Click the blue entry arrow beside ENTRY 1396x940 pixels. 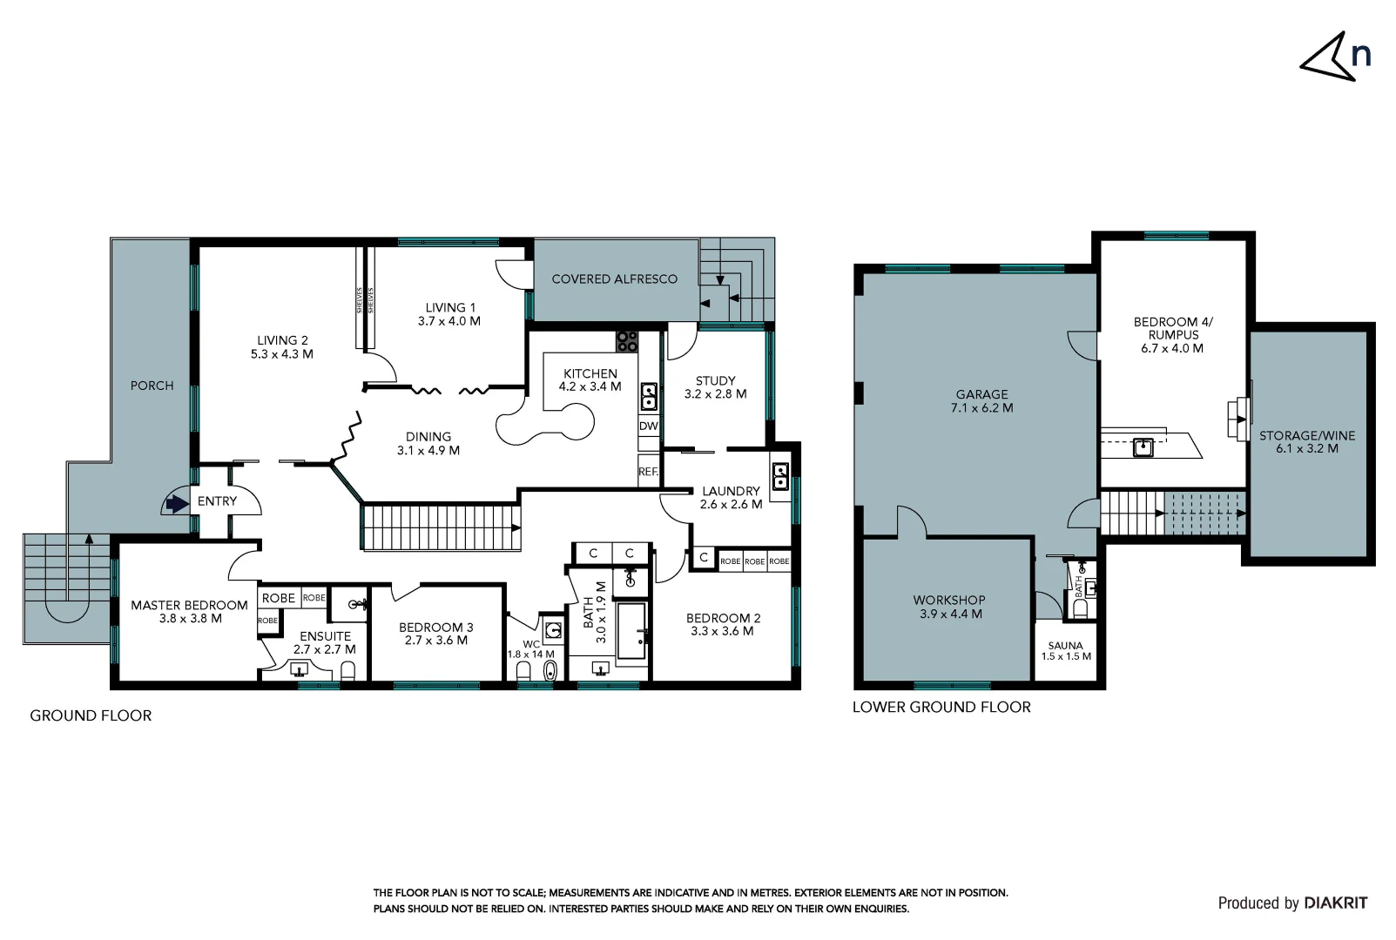(178, 503)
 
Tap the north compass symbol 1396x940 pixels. (1334, 57)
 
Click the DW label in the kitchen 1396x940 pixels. (648, 426)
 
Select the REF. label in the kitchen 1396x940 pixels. (648, 472)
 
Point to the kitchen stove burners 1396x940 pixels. (627, 341)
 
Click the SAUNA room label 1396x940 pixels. (1065, 646)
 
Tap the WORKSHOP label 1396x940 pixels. (948, 600)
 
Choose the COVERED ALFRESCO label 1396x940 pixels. (614, 279)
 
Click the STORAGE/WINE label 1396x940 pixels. (1306, 435)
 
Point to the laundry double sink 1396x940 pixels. (780, 476)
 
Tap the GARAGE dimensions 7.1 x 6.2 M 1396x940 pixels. (981, 407)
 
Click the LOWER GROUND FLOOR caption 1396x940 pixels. (941, 707)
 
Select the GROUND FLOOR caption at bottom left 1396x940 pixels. (91, 715)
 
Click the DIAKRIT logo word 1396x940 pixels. (1336, 903)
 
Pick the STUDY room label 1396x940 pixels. (715, 380)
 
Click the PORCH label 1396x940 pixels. (152, 386)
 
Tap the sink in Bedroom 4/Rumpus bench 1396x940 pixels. (1143, 448)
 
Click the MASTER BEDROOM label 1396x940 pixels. (189, 605)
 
